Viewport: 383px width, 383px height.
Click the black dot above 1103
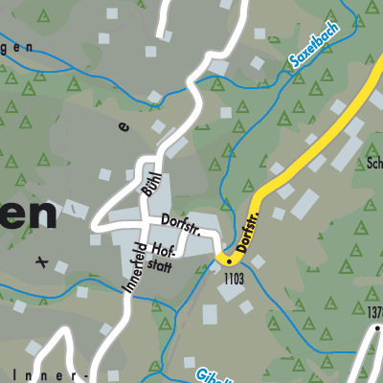click(230, 260)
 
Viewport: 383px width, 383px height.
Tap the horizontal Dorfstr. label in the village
click(178, 221)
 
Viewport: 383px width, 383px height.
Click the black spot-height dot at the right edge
click(377, 328)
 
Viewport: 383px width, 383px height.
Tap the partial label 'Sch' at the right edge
click(373, 164)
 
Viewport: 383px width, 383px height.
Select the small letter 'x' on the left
click(40, 259)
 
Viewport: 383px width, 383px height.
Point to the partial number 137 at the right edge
click(373, 311)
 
